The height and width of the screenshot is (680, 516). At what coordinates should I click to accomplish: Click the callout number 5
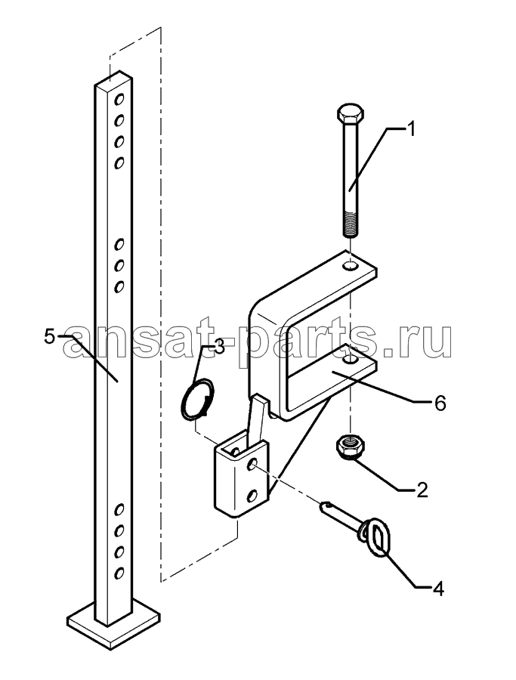point(50,338)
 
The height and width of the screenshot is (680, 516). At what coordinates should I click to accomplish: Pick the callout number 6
point(439,403)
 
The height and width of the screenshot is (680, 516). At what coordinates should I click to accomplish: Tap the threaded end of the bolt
point(351,224)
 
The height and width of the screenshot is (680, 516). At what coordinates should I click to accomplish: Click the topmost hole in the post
point(119,100)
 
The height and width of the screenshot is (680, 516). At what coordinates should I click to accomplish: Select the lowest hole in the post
point(119,573)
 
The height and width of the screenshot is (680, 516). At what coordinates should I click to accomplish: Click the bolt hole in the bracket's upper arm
point(350,266)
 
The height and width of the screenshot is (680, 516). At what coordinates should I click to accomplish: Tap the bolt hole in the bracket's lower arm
point(350,360)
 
